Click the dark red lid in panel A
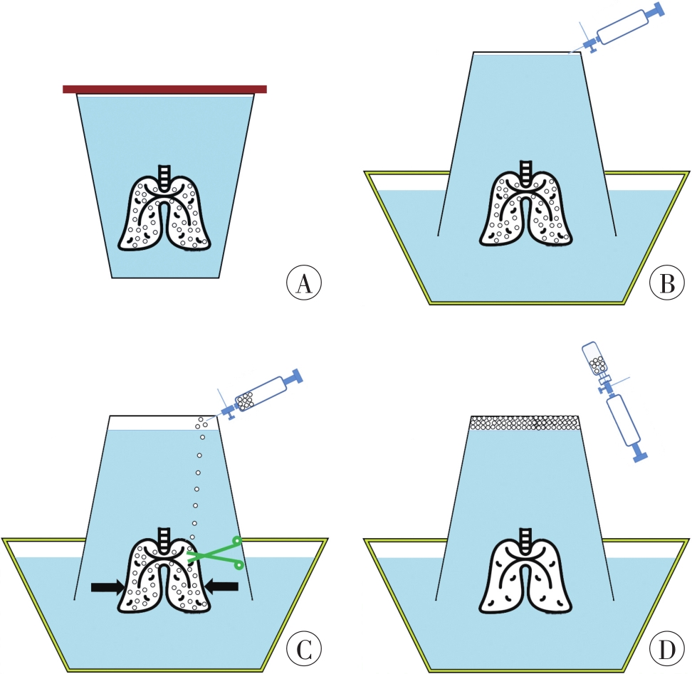click(164, 89)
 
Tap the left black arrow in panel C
click(109, 586)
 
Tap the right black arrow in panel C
click(220, 586)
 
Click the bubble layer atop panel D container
click(525, 423)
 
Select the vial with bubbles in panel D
click(596, 359)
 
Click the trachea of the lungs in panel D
click(526, 537)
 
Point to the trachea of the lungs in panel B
click(526, 169)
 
